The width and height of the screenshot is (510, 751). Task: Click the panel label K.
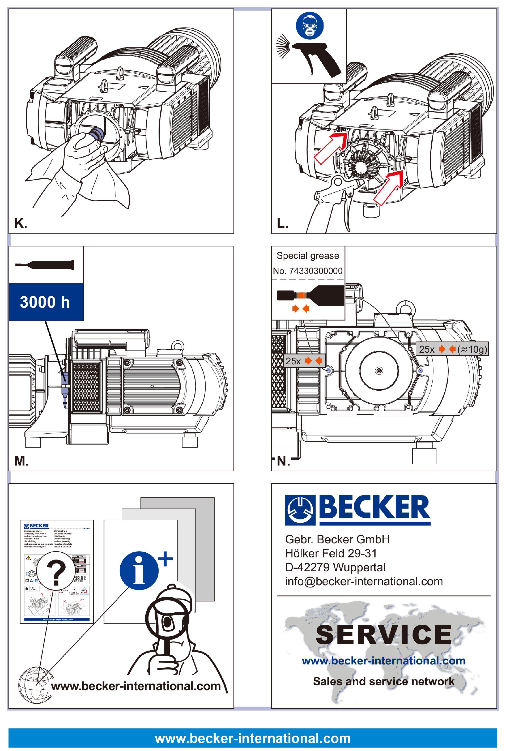tap(20, 223)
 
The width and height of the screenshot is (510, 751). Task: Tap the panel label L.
tap(282, 223)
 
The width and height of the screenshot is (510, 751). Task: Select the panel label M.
tap(21, 461)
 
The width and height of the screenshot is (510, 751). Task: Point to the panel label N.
tap(283, 461)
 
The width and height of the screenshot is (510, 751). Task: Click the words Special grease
tap(308, 256)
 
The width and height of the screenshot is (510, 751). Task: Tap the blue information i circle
tap(139, 571)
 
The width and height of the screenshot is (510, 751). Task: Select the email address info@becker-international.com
tap(364, 581)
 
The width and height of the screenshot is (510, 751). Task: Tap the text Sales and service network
tap(384, 681)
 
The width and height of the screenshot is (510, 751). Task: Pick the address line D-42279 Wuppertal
tap(335, 567)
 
